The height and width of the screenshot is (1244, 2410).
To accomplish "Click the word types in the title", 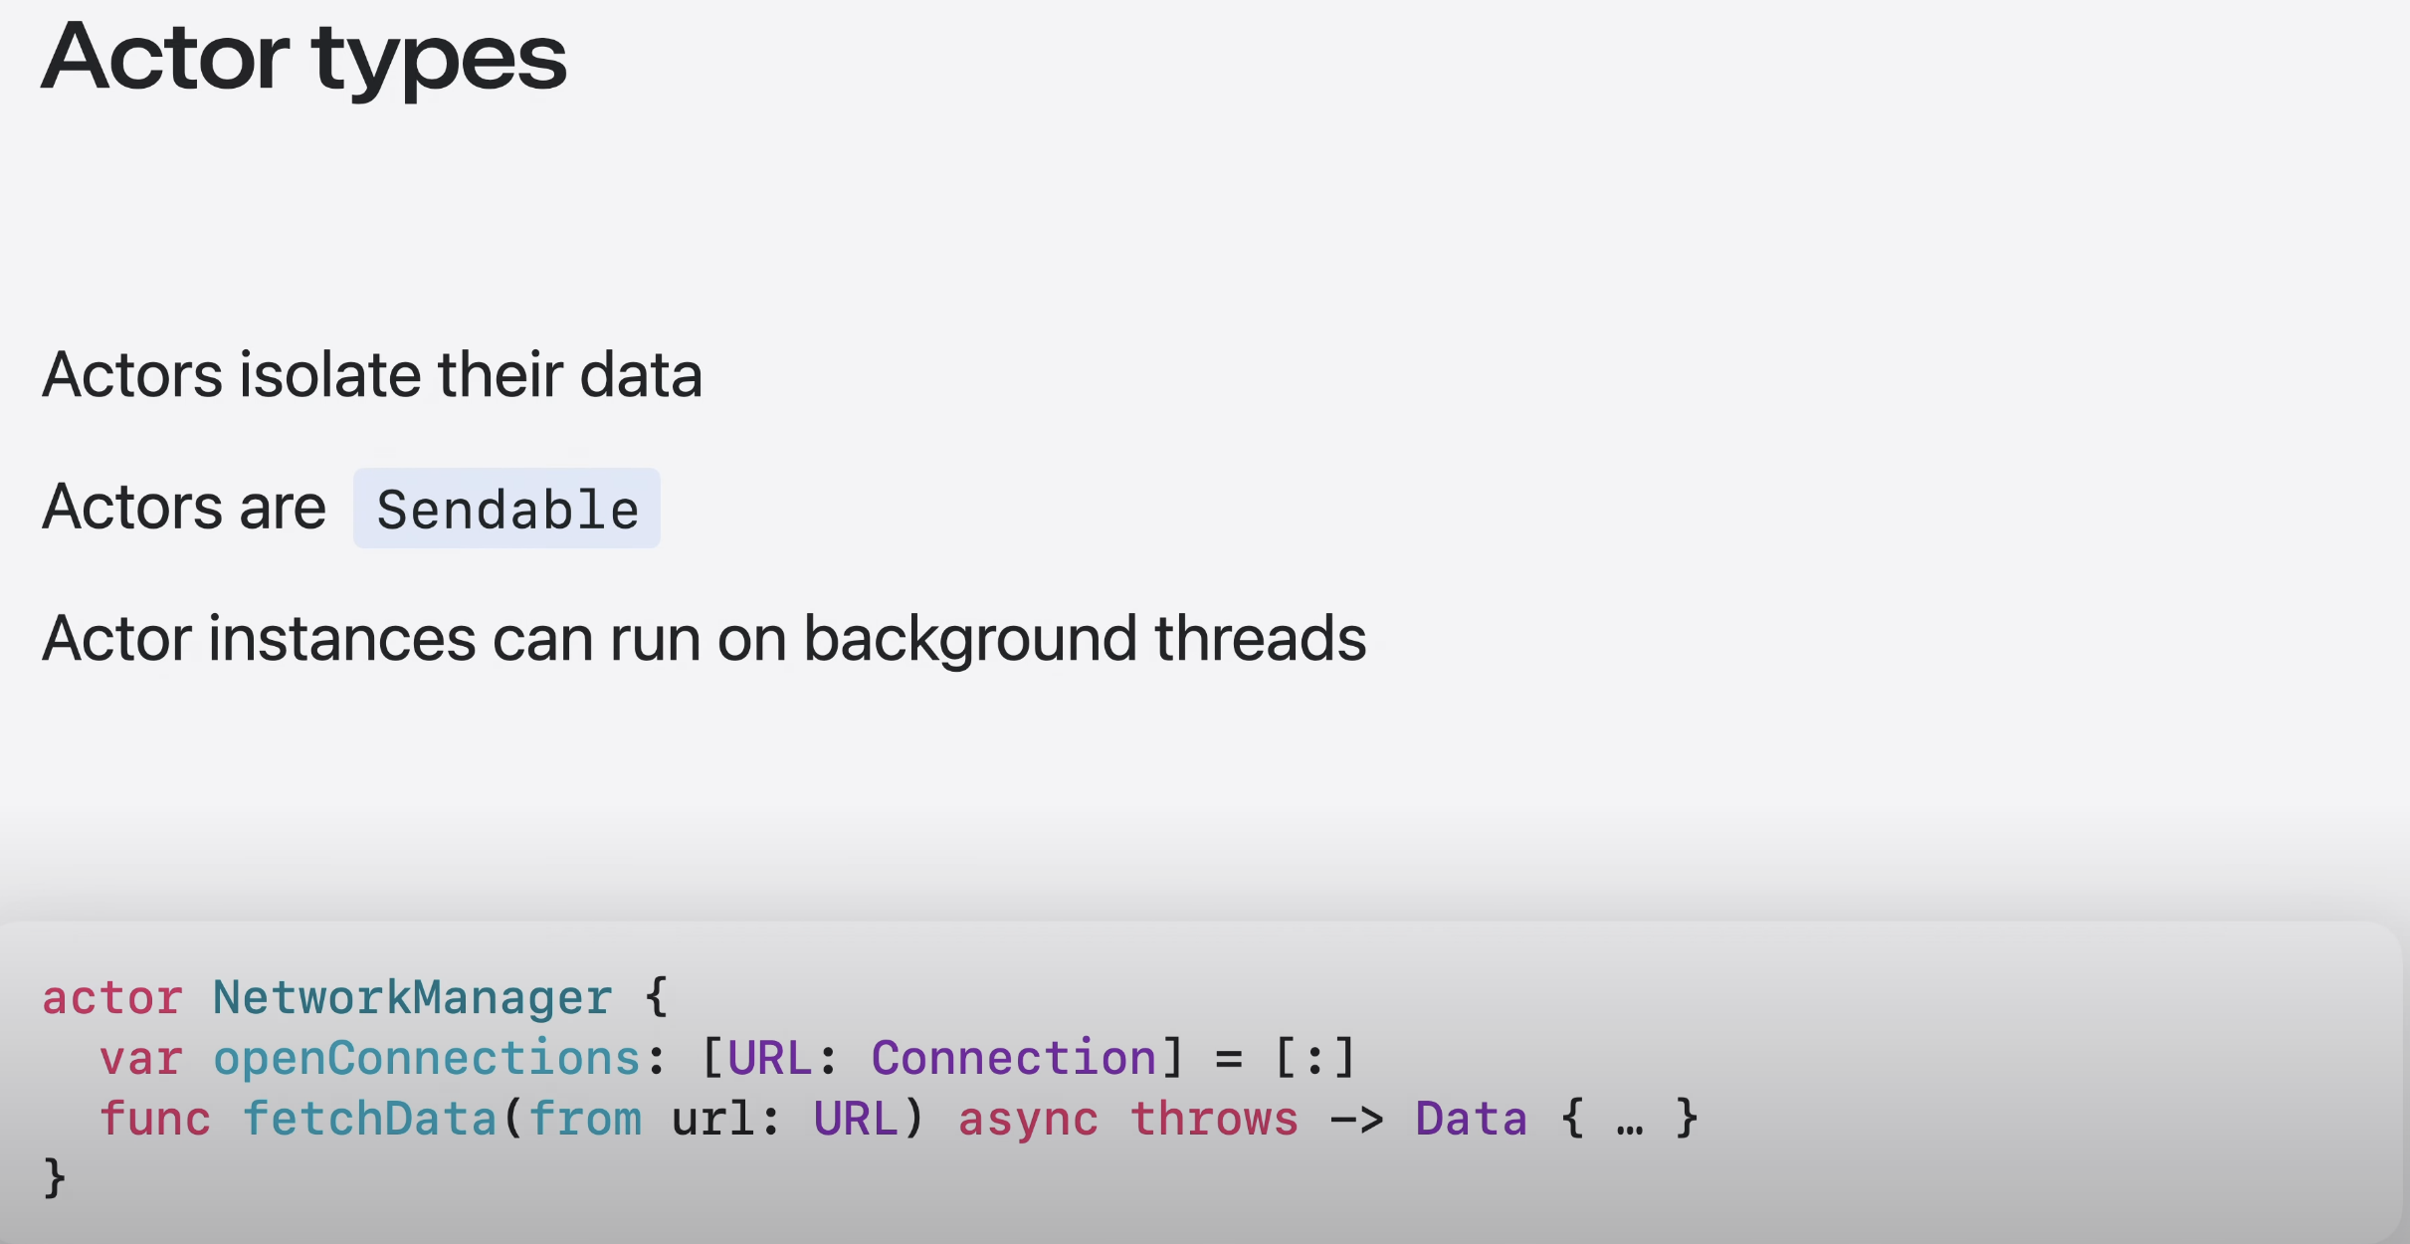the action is click(439, 60).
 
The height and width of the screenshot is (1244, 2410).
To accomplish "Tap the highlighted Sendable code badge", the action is click(506, 509).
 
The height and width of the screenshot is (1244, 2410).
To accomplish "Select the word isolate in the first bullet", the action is click(330, 375).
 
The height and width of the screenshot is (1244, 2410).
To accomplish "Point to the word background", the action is click(969, 639).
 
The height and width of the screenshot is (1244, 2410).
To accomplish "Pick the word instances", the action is click(341, 639).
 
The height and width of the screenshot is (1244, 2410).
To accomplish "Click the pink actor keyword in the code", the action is click(111, 997).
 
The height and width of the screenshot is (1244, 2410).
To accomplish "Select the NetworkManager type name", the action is click(412, 997).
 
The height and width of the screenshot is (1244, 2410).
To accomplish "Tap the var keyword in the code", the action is click(140, 1058).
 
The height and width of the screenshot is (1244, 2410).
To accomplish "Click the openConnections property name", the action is click(427, 1058).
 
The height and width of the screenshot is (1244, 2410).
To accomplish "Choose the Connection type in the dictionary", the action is click(1013, 1058).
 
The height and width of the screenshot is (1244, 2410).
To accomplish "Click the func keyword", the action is click(155, 1119).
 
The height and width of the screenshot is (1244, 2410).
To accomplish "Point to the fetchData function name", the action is click(369, 1119).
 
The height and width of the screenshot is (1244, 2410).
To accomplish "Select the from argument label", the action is click(585, 1119).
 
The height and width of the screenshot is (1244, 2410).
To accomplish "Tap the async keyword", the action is click(1028, 1119).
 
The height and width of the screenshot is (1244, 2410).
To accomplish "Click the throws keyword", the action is click(1214, 1119).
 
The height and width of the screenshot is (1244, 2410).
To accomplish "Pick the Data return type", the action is click(1471, 1119).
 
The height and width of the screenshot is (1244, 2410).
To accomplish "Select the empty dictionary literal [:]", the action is click(1314, 1058).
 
